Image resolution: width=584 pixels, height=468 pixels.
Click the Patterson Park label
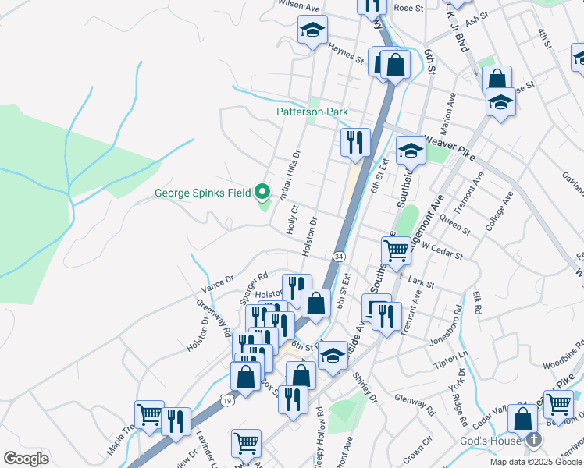(x=312, y=112)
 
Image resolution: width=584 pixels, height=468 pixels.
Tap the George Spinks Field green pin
(x=263, y=191)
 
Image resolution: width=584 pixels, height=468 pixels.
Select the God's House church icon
(x=533, y=439)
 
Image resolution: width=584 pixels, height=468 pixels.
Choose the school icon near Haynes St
(x=312, y=30)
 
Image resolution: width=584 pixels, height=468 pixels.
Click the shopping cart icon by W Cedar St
(x=396, y=250)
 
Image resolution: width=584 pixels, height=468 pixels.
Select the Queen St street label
(x=456, y=226)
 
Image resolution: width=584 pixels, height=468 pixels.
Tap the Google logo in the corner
(x=26, y=459)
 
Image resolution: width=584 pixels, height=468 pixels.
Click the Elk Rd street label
(x=477, y=303)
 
